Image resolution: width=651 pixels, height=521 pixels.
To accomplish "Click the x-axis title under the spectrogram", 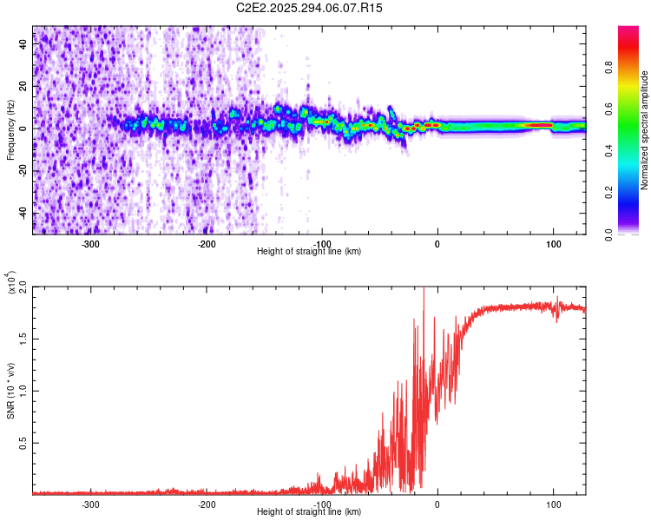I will pos(309,252).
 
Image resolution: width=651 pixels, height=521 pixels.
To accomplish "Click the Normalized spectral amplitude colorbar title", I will pos(644,130).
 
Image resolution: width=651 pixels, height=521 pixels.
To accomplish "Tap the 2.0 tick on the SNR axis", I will pos(23,286).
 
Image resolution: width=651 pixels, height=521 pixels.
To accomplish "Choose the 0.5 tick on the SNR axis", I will pos(23,442).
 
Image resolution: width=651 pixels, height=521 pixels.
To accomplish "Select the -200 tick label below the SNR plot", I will pos(207,504).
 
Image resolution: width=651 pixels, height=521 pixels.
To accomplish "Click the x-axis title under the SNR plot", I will pos(309,512).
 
